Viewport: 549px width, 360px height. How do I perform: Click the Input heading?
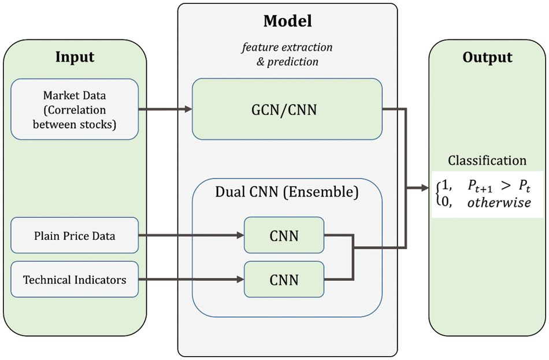coord(75,57)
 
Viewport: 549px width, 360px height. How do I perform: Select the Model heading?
coord(287,21)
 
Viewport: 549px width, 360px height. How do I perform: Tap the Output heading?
coord(487,57)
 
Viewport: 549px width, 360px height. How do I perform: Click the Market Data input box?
coord(75,109)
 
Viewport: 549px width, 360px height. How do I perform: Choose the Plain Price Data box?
coord(75,235)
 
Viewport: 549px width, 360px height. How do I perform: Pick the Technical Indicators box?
coord(75,280)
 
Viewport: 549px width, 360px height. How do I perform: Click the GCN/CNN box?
coord(287,109)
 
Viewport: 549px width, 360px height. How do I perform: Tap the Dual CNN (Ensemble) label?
coord(287,192)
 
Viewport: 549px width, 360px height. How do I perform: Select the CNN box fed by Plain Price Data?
coord(284,235)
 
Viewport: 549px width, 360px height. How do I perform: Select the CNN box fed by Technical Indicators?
coord(284,280)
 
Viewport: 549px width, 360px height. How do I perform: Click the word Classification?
coord(487,161)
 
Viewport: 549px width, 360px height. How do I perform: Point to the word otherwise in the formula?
coord(499,203)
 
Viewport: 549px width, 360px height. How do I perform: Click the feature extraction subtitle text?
coord(287,47)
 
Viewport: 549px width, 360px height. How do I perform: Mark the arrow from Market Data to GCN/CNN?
coord(165,109)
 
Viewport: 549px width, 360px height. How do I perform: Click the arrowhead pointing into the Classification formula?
coord(428,188)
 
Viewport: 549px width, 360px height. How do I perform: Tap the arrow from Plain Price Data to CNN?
coord(191,235)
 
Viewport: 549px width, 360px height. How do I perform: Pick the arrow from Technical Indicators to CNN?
coord(191,280)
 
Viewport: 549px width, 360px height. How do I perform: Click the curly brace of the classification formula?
coord(437,194)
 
